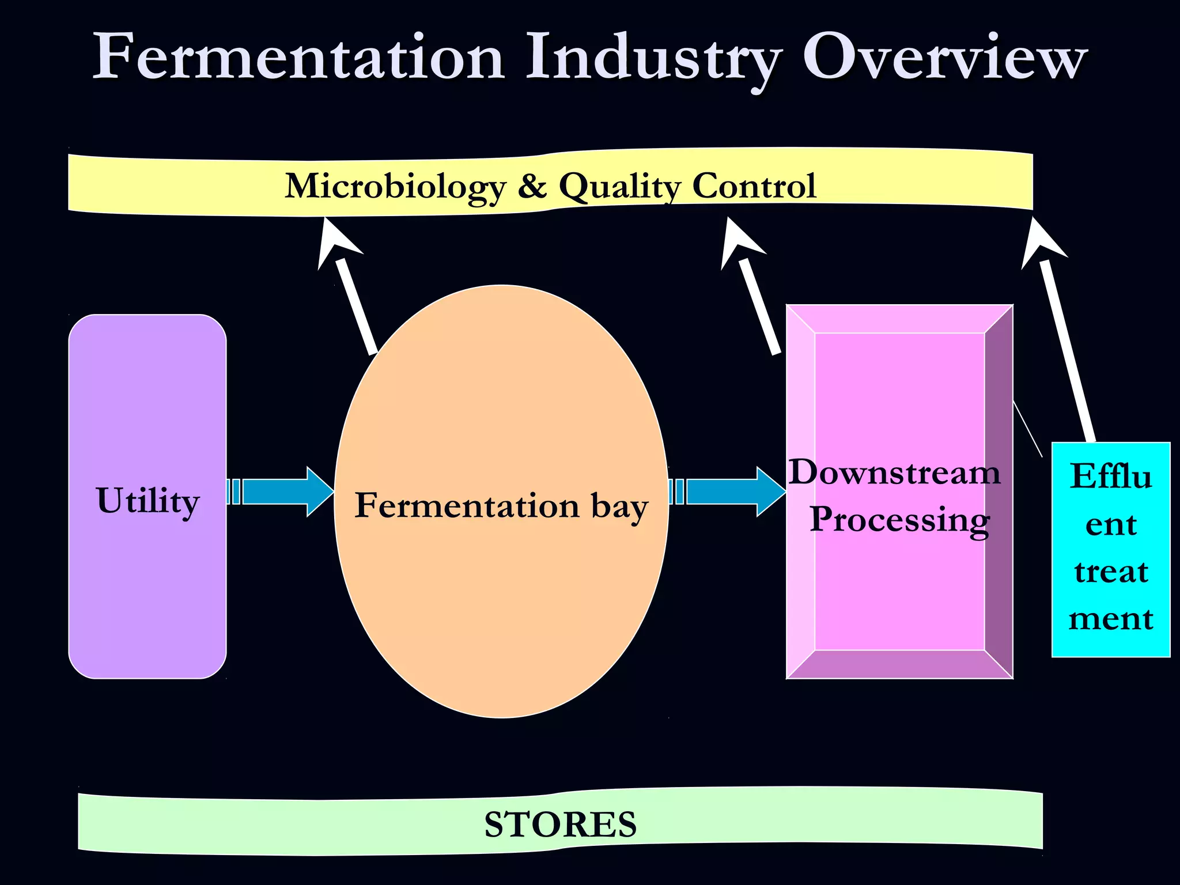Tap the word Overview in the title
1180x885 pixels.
tap(945, 58)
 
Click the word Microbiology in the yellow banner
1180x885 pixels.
tap(395, 186)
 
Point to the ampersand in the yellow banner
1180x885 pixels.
tap(532, 186)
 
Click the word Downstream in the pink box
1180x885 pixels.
tap(894, 472)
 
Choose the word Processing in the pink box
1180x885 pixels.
tap(899, 519)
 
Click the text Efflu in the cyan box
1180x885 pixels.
tap(1111, 476)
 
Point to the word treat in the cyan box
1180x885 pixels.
tap(1111, 572)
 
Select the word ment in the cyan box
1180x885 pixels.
tap(1111, 619)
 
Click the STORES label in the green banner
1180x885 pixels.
tap(560, 824)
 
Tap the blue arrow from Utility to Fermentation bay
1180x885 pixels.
tap(282, 491)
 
